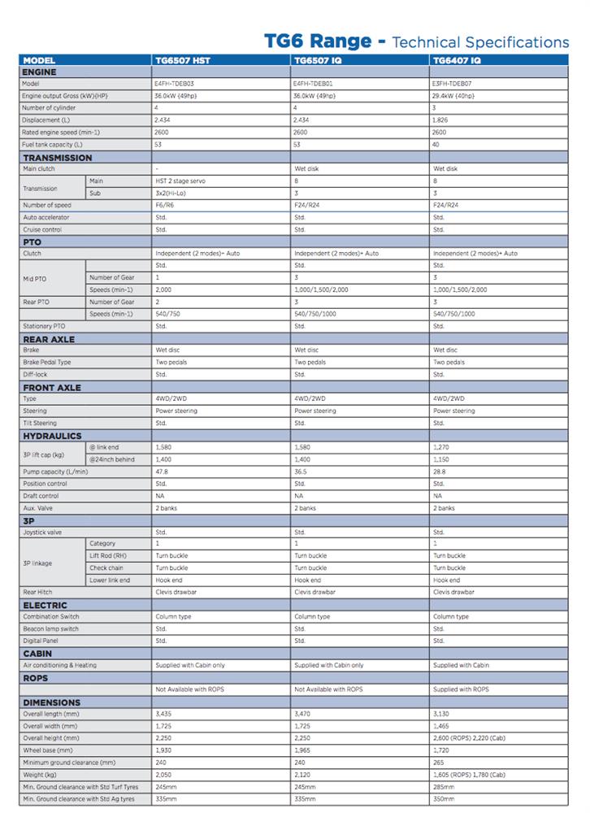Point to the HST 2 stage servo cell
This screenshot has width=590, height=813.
[183, 181]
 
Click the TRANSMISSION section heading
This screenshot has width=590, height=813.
[58, 158]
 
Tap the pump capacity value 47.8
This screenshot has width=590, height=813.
[162, 472]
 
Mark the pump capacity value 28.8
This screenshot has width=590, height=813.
[440, 472]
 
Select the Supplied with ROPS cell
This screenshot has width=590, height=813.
[461, 689]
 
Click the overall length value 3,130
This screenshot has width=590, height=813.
[442, 714]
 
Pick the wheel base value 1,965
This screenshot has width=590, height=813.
[303, 750]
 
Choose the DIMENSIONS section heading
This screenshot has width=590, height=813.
[52, 702]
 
